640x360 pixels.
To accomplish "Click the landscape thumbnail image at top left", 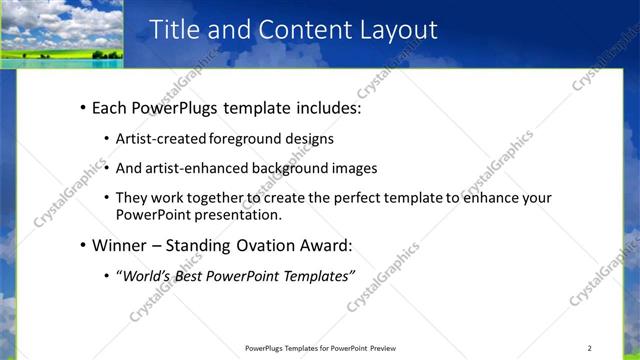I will (62, 33).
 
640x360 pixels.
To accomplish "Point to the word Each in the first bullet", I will (109, 107).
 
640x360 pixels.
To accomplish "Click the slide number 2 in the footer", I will (589, 348).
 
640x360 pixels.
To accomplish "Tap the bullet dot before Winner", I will (81, 246).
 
